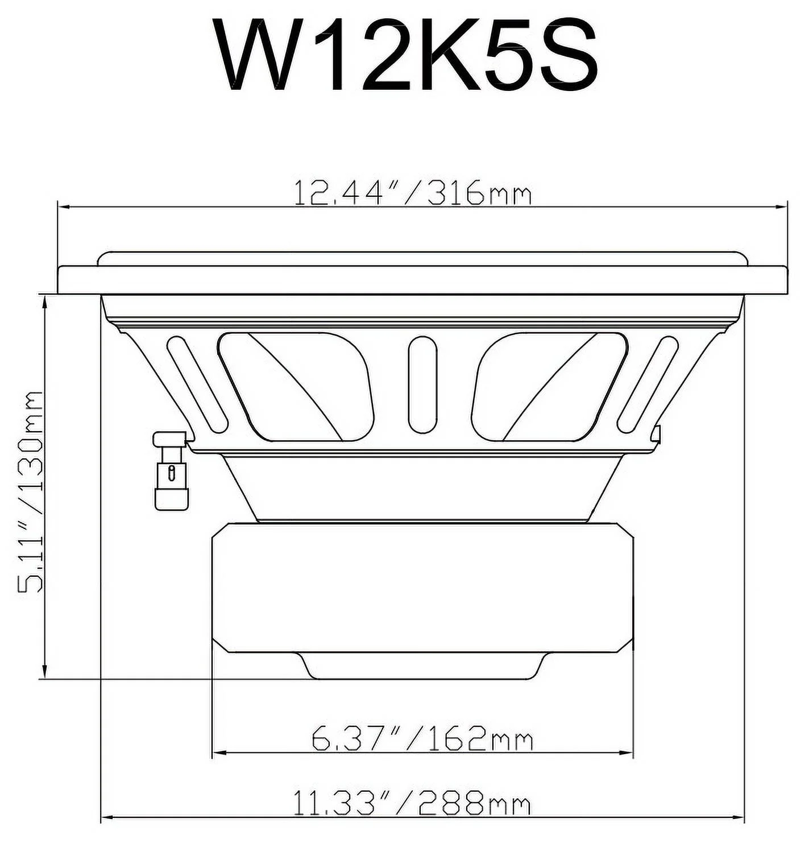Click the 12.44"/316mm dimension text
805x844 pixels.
413,193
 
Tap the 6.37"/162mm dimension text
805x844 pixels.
422,739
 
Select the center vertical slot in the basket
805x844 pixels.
423,384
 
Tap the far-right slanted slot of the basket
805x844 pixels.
648,384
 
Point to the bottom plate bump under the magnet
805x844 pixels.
423,665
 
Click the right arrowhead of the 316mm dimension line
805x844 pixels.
783,208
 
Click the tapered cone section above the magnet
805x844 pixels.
422,486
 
